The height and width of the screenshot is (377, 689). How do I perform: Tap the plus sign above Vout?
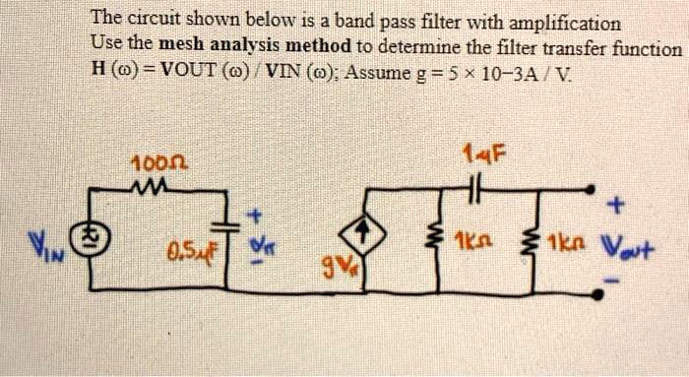click(x=617, y=206)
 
